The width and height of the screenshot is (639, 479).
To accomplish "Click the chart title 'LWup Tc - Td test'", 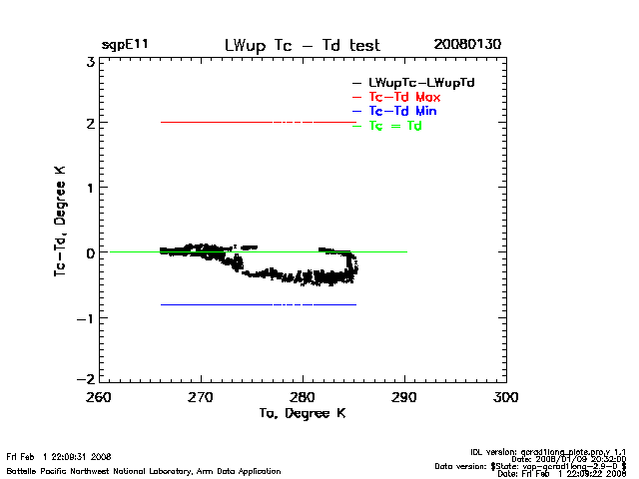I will [x=303, y=45].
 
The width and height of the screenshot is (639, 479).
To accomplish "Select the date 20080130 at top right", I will [x=467, y=45].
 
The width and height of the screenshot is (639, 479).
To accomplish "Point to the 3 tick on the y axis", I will [x=90, y=61].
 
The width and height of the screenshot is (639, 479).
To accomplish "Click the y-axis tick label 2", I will [x=90, y=124].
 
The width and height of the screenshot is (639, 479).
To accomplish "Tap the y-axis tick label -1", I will [x=87, y=318].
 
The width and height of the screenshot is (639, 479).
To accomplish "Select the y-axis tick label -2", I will [x=87, y=380].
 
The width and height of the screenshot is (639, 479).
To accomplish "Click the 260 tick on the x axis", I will [x=99, y=396].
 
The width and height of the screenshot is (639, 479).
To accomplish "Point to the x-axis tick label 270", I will [x=201, y=396].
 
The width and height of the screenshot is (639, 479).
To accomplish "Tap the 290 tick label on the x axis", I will [x=404, y=396].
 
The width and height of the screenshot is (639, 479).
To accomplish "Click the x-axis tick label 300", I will [x=506, y=396].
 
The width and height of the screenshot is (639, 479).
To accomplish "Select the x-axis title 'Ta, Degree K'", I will [x=303, y=413].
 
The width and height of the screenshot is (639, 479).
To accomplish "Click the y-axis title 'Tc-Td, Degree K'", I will [x=60, y=221].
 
